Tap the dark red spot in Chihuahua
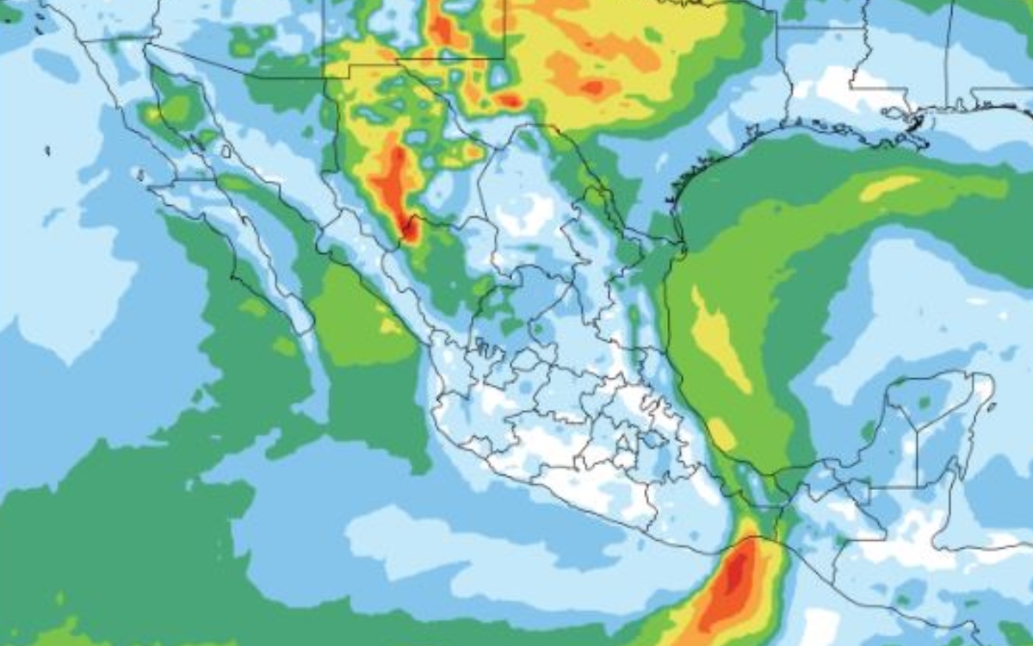407,228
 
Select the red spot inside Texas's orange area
592,86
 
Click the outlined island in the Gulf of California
226,152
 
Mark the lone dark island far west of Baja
46,151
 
